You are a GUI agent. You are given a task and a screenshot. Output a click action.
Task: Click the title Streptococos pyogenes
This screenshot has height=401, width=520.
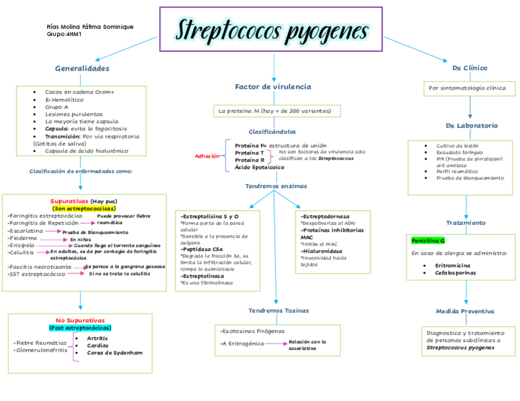click(x=272, y=29)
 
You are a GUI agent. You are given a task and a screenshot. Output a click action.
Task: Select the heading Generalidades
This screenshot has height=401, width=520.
click(x=82, y=68)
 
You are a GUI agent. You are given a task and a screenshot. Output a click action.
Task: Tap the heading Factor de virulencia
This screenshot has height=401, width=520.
click(x=273, y=87)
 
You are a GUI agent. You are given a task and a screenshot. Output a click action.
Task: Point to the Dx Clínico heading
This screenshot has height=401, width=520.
click(x=470, y=68)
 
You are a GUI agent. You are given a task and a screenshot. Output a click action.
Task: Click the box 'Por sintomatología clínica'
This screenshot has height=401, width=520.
click(x=467, y=88)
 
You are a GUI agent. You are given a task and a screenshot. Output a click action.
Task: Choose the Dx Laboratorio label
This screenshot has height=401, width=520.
click(x=472, y=126)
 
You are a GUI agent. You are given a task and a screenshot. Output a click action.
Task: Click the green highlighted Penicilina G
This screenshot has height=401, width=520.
click(x=429, y=241)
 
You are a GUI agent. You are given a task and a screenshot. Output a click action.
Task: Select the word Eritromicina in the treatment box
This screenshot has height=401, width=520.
click(x=453, y=265)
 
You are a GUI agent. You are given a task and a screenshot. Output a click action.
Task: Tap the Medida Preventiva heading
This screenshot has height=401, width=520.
click(x=465, y=311)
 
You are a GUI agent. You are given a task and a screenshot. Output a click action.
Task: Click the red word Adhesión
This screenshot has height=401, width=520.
click(x=207, y=156)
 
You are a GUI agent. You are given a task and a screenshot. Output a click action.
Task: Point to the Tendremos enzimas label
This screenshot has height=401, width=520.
click(x=276, y=186)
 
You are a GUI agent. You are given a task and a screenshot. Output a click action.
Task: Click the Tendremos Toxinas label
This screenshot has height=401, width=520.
click(x=278, y=310)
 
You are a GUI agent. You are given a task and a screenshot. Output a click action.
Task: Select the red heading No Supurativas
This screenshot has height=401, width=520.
click(x=80, y=320)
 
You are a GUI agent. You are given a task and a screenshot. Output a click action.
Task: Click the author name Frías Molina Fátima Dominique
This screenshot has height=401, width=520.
click(x=90, y=27)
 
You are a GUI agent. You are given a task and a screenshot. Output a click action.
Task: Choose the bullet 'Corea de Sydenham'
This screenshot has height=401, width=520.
click(x=115, y=353)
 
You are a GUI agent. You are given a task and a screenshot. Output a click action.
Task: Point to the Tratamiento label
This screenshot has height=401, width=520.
click(x=465, y=222)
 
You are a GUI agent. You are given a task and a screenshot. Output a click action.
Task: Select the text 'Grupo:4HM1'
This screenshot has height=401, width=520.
click(x=64, y=34)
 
